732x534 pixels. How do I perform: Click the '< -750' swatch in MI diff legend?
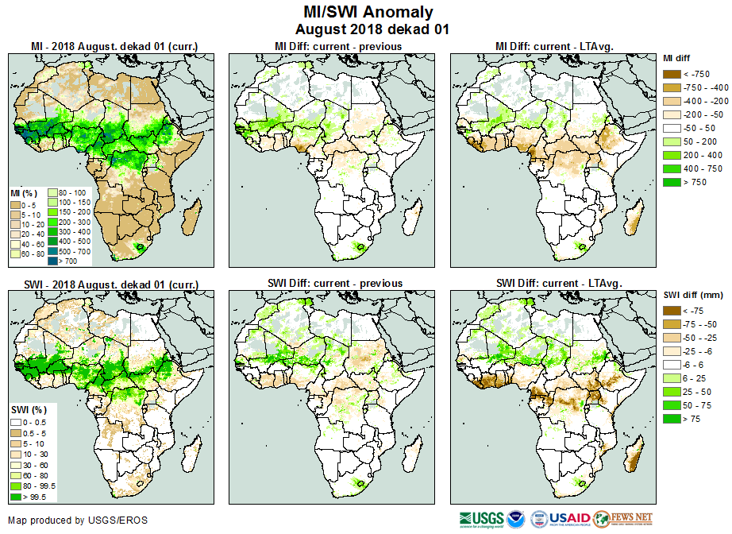pyautogui.click(x=670, y=74)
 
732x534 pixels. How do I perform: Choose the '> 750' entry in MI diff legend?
pyautogui.click(x=670, y=182)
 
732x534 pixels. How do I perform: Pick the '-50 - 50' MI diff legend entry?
pyautogui.click(x=670, y=128)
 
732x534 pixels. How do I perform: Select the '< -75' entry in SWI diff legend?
pyautogui.click(x=670, y=311)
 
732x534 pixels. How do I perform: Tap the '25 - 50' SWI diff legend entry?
pyautogui.click(x=670, y=392)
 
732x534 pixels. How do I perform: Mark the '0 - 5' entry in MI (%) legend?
pyautogui.click(x=16, y=206)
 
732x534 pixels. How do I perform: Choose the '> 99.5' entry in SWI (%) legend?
pyautogui.click(x=16, y=497)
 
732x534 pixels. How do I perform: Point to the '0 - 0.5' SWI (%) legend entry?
pyautogui.click(x=16, y=421)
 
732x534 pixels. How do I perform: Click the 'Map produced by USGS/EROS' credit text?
pyautogui.click(x=78, y=520)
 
